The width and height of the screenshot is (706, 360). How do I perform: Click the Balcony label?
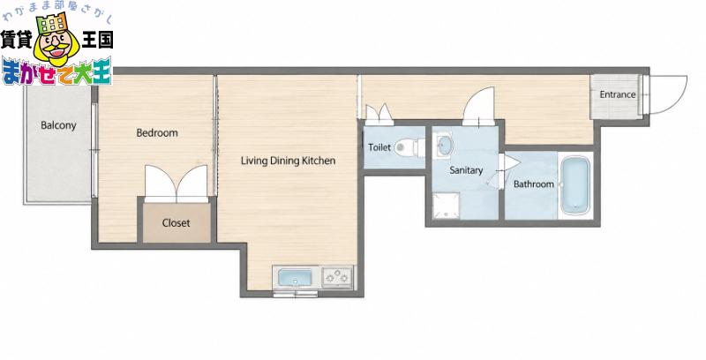pos(58,125)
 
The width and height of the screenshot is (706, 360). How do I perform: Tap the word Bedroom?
pos(157,132)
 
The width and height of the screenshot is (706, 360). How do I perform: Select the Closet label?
pos(176,222)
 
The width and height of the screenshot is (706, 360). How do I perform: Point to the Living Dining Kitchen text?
pos(289,161)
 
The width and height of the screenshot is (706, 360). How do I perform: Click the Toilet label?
pos(379,147)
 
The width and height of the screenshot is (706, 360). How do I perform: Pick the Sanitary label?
pos(466,170)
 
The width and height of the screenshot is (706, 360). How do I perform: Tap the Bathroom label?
pos(534,184)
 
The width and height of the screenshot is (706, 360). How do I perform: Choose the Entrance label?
pos(618,94)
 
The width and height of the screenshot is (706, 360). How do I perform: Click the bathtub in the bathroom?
pos(575,185)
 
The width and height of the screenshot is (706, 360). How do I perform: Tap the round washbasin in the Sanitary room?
pos(445,145)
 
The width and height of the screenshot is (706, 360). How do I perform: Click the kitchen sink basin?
pos(296,277)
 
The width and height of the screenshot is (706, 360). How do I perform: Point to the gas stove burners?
pos(337,277)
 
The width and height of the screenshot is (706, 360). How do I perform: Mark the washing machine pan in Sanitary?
pos(447,206)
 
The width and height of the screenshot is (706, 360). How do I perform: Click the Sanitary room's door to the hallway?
pos(479,106)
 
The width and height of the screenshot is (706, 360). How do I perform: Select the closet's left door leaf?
pos(161,183)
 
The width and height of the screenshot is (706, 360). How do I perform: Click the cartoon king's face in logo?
pos(57,44)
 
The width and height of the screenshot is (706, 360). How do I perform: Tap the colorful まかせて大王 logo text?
pos(56,72)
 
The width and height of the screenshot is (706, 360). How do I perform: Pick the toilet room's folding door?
pos(379,115)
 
